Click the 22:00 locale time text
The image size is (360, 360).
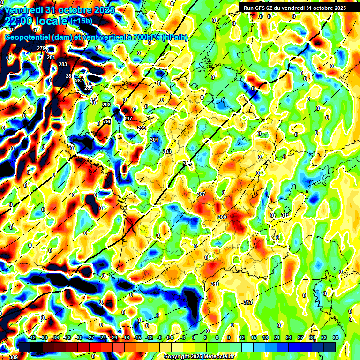pos(37,21)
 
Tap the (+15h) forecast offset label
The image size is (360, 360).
pos(81,21)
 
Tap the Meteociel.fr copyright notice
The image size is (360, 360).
pos(199,356)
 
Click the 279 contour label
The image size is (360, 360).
pos(41,49)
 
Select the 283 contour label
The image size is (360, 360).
pos(63,65)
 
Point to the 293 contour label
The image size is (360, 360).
pos(106,105)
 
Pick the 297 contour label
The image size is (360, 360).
pos(128,119)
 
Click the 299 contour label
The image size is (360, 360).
pos(142,128)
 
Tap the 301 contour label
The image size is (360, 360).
pos(154,140)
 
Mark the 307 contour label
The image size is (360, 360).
pos(201,194)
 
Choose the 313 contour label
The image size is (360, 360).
pos(248,302)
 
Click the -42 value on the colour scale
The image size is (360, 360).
pos(32,337)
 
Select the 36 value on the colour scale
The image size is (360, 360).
pos(336,337)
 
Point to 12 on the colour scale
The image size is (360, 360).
pos(241,337)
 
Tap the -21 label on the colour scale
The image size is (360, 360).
pos(114,337)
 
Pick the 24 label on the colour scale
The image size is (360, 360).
pos(288,337)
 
